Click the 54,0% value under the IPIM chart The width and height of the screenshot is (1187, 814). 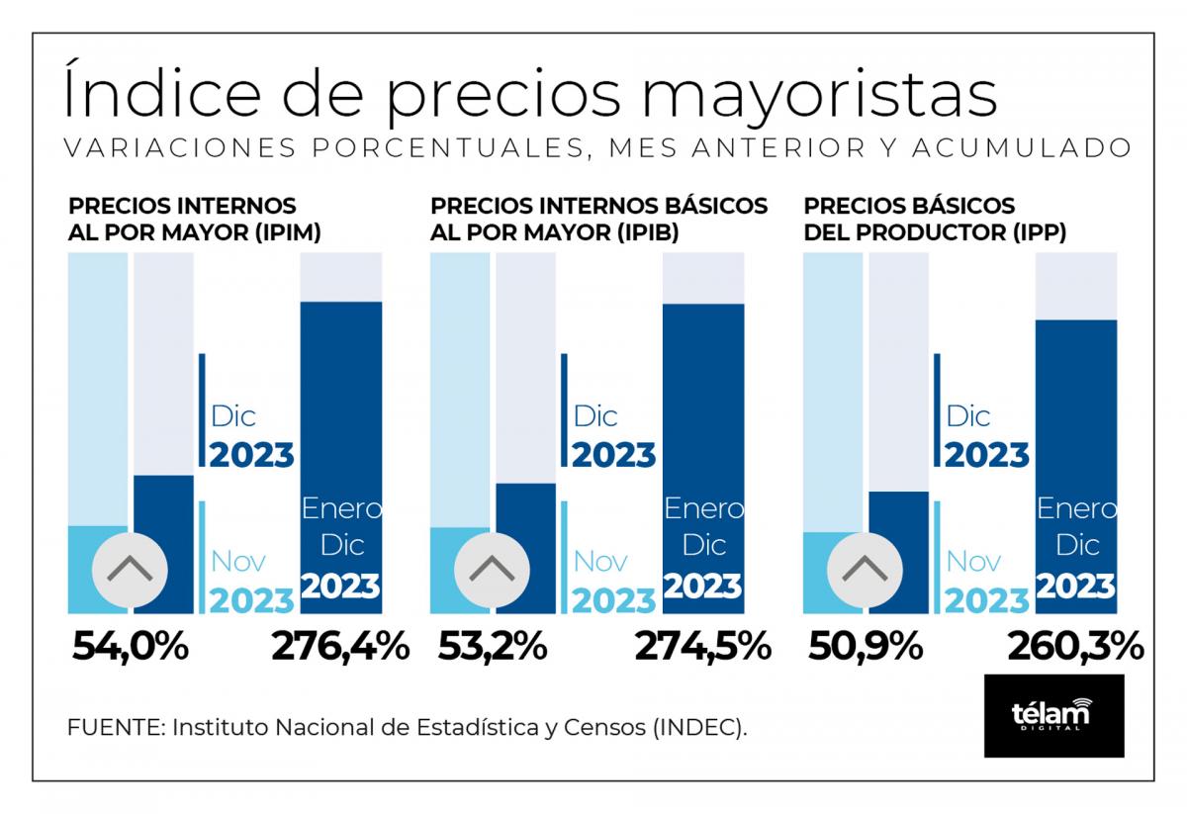(x=131, y=647)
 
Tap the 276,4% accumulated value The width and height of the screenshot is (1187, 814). (x=340, y=647)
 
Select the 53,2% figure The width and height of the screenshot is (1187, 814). (x=493, y=647)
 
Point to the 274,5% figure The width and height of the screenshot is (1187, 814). (x=703, y=647)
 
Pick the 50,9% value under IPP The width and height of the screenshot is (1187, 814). (x=866, y=647)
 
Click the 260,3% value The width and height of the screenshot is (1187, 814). (x=1076, y=647)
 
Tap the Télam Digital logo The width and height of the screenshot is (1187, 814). (x=1054, y=715)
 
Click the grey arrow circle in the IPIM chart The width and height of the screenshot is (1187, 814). (x=130, y=571)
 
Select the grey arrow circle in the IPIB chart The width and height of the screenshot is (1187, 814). (x=492, y=571)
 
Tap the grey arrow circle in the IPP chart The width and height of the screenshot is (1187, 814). (x=865, y=571)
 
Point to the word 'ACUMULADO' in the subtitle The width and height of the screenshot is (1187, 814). (x=1022, y=147)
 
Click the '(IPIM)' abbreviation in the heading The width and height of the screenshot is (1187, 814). (x=288, y=232)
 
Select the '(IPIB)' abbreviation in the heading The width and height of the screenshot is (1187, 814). (x=648, y=232)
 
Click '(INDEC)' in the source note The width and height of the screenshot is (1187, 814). (x=700, y=728)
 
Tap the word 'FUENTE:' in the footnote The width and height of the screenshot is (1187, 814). (x=117, y=727)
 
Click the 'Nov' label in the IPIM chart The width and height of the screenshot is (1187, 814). (x=238, y=561)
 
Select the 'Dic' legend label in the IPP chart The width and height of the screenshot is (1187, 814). (x=968, y=416)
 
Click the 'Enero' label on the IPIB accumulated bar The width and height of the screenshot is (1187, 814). (x=704, y=508)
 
